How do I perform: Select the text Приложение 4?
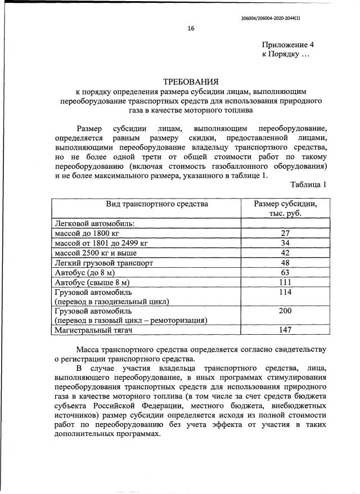click(285, 44)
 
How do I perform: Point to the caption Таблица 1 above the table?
click(308, 185)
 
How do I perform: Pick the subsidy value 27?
click(285, 233)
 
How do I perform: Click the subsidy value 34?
click(285, 243)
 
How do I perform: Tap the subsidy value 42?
click(285, 253)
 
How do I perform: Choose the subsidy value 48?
click(285, 263)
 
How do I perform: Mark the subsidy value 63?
click(285, 272)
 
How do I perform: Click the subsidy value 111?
click(285, 282)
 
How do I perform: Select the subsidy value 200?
click(285, 311)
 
